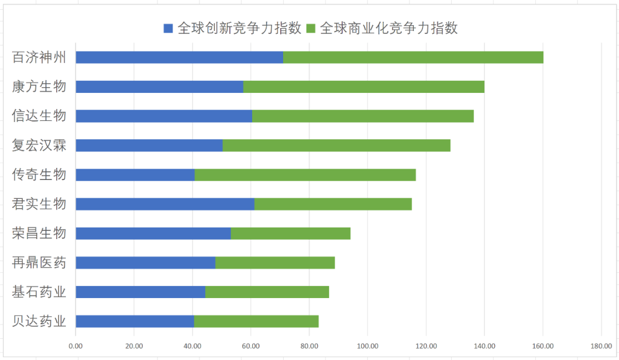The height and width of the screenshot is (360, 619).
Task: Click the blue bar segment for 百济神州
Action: point(179,57)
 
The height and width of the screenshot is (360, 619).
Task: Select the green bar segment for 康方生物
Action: point(363,87)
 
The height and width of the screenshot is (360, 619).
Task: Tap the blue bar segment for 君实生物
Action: point(165,204)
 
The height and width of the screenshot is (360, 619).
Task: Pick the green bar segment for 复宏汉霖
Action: point(336,145)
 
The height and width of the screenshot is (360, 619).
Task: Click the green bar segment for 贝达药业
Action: point(256,321)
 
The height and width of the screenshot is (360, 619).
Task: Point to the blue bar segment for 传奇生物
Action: point(135,175)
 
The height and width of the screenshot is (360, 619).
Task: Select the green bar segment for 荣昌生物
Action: point(291,233)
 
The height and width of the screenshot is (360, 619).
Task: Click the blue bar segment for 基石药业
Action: point(140,292)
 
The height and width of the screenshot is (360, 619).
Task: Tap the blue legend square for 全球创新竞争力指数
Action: point(168,28)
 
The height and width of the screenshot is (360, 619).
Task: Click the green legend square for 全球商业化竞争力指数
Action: point(311,28)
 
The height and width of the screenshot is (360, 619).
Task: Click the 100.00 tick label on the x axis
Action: point(367,346)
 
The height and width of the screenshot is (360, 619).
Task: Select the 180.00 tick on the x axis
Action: point(601,346)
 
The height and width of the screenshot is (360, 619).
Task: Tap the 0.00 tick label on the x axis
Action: point(76,346)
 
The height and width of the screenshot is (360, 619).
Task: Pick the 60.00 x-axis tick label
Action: point(250,346)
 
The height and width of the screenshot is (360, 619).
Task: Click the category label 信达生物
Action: point(39,116)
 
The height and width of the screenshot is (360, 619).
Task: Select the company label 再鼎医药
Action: point(39,263)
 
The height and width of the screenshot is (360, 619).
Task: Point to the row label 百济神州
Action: point(39,57)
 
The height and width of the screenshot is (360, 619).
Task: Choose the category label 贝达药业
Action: point(39,321)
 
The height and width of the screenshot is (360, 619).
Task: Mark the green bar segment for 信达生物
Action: point(363,116)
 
